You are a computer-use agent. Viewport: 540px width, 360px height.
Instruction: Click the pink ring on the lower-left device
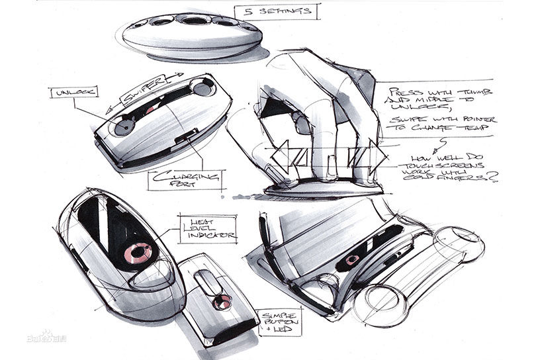click(x=139, y=252)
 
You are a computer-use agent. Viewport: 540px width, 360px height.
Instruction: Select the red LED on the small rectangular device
click(x=222, y=302)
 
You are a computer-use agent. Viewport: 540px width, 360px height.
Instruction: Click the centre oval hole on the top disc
click(x=194, y=21)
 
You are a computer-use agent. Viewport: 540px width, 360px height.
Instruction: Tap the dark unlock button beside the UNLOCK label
click(x=122, y=125)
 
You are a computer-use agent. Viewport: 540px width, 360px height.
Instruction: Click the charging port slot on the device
click(x=187, y=139)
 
